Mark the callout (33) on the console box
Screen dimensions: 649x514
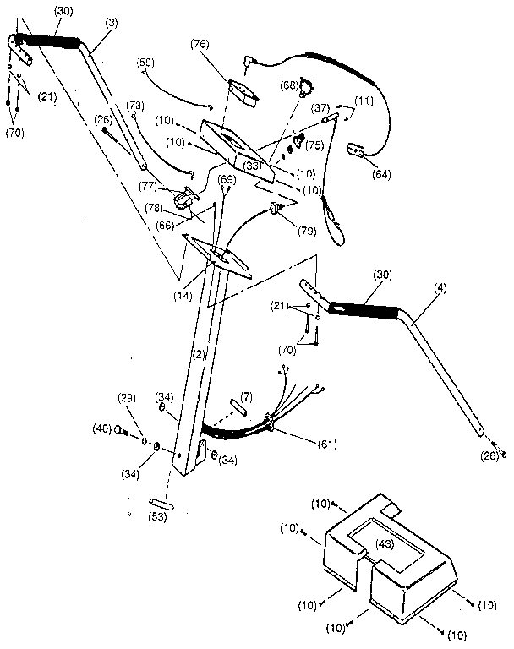251,166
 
